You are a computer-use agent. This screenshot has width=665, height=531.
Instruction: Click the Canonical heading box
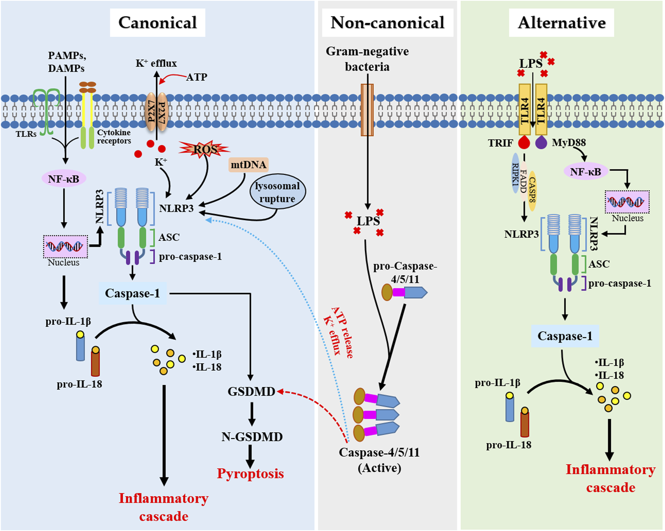[x=157, y=23]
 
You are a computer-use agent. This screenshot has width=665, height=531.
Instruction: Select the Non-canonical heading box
[x=387, y=23]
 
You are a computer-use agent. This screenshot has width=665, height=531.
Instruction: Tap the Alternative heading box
[x=561, y=23]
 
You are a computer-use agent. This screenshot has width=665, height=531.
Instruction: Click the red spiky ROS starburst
[x=205, y=149]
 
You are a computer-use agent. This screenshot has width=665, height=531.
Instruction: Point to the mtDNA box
[x=248, y=165]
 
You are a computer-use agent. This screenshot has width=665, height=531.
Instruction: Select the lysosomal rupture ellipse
[x=277, y=192]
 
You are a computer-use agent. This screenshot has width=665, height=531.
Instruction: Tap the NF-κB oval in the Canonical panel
[x=64, y=179]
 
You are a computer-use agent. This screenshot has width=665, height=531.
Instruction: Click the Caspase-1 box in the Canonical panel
[x=132, y=293]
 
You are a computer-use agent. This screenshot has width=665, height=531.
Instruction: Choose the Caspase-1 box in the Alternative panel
[x=564, y=336]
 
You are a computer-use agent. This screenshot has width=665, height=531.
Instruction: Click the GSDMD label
[x=251, y=392]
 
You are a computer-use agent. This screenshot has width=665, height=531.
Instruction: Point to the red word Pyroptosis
[x=250, y=474]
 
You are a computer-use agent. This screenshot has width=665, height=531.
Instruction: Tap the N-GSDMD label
[x=252, y=437]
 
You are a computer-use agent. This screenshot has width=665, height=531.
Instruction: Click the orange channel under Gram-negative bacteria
[x=367, y=110]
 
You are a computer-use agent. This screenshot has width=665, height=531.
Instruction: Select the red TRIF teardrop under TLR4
[x=524, y=143]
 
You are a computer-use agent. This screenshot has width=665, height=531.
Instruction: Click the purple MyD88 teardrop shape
[x=541, y=143]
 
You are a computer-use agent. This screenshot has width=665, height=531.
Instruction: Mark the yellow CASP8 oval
[x=532, y=191]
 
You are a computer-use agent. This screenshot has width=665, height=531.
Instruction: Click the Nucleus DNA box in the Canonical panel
[x=65, y=247]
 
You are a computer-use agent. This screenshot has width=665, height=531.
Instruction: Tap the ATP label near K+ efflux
[x=197, y=77]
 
